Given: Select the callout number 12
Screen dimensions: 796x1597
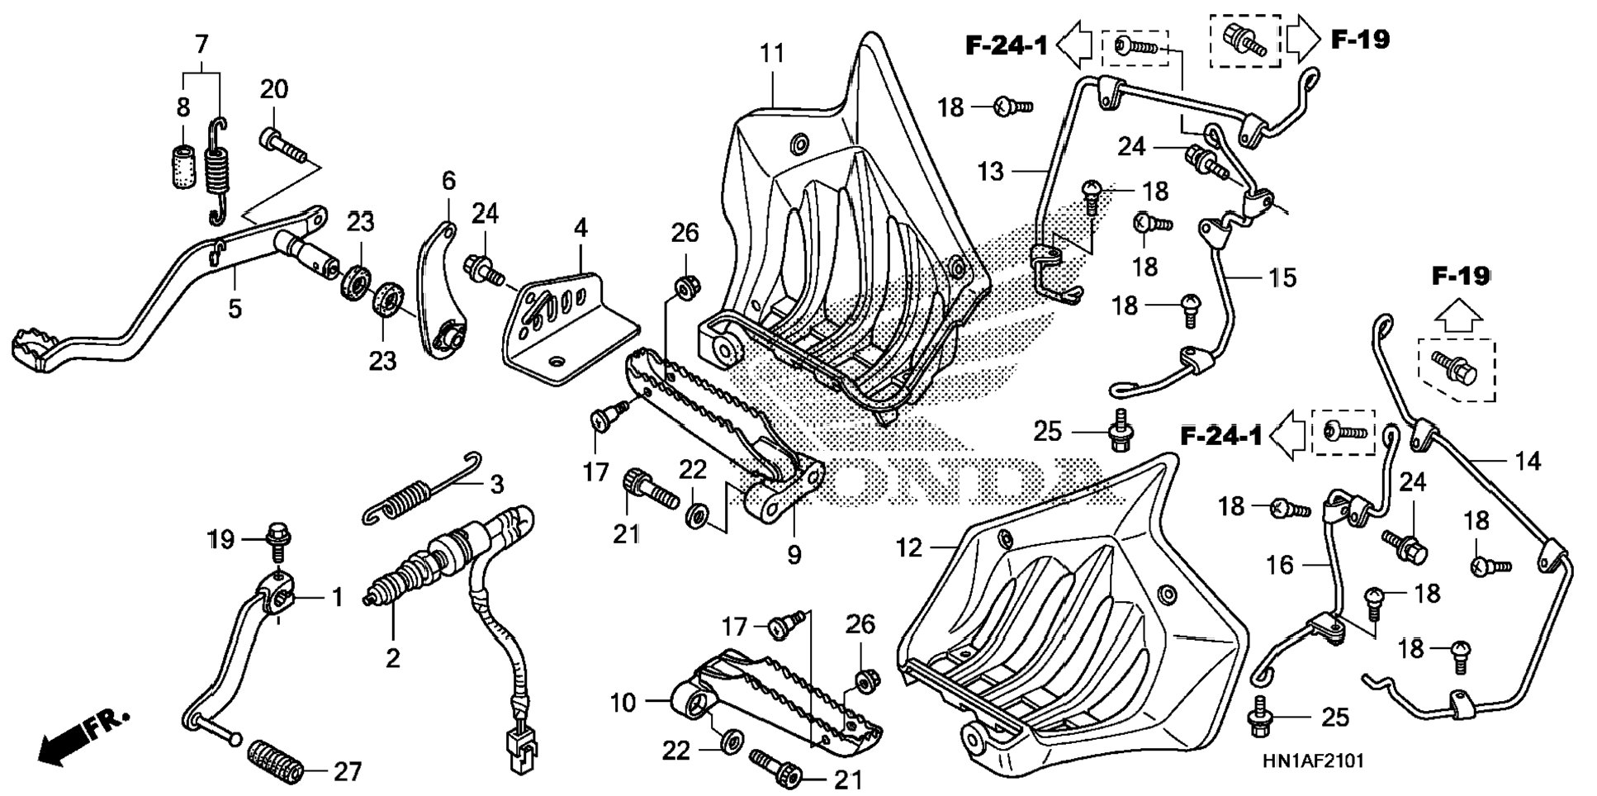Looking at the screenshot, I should pyautogui.click(x=909, y=548).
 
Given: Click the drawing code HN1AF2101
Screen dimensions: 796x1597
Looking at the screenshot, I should pyautogui.click(x=1312, y=761).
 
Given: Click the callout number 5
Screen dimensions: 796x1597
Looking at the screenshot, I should pyautogui.click(x=235, y=310).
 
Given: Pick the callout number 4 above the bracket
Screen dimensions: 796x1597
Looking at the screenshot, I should pyautogui.click(x=581, y=229).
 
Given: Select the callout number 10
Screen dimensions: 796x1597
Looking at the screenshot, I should pyautogui.click(x=623, y=704).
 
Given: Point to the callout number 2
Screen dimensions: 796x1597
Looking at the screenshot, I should pyautogui.click(x=393, y=657).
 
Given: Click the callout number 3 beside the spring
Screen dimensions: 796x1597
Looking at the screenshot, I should pyautogui.click(x=496, y=485).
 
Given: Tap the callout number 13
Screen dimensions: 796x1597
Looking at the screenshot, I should pyautogui.click(x=990, y=172).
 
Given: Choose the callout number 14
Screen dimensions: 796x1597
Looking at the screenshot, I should pyautogui.click(x=1528, y=461).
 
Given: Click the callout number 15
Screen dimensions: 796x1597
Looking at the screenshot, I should pyautogui.click(x=1282, y=277).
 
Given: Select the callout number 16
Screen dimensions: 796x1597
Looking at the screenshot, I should pyautogui.click(x=1280, y=566).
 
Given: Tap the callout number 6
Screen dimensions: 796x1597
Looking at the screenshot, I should pyautogui.click(x=448, y=182).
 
